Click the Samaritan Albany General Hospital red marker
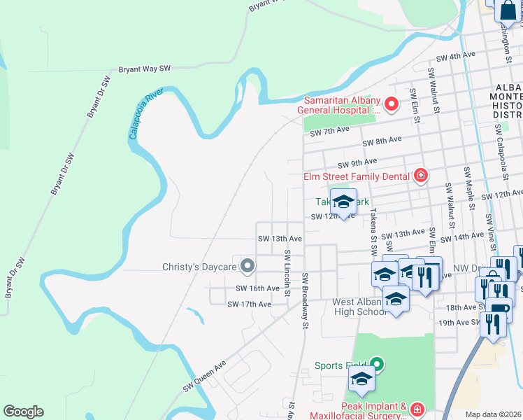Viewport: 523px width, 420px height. [x=392, y=105]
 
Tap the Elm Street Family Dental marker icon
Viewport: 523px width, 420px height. [x=420, y=175]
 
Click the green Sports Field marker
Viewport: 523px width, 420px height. [x=378, y=364]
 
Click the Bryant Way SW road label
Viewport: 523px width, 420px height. [x=145, y=69]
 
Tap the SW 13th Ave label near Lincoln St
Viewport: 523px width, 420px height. [x=279, y=239]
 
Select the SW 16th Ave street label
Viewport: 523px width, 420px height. [x=257, y=288]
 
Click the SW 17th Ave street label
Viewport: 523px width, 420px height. [x=249, y=304]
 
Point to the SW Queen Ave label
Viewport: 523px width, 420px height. [x=205, y=376]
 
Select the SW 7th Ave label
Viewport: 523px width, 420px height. [x=329, y=132]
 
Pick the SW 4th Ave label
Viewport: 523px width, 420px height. [x=455, y=57]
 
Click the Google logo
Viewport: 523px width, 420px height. [x=23, y=412]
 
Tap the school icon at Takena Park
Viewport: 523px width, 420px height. [x=343, y=202]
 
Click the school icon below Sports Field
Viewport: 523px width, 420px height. [x=361, y=380]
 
